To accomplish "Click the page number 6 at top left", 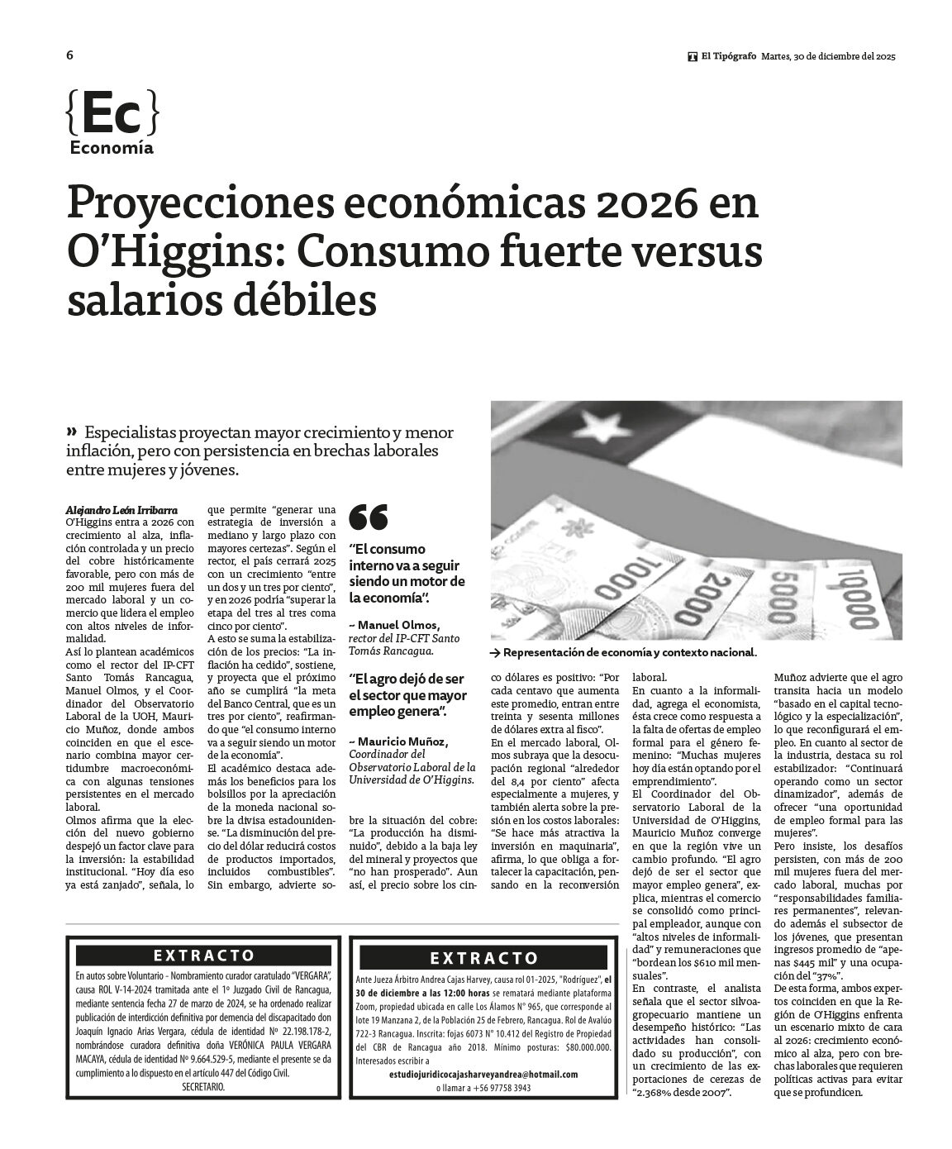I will click(69, 55).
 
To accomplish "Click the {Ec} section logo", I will click(110, 116).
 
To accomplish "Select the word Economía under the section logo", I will click(112, 149).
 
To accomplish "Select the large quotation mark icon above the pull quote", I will click(369, 517).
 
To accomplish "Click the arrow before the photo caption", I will click(495, 652).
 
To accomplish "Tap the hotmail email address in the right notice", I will click(483, 1074).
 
